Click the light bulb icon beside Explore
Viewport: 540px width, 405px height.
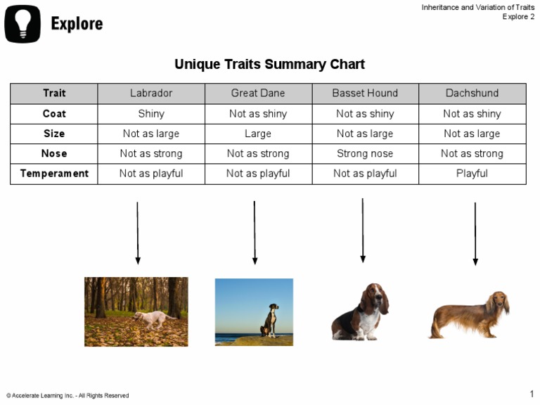pos(22,23)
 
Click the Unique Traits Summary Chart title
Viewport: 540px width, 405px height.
pos(269,65)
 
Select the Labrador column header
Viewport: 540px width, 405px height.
pos(151,94)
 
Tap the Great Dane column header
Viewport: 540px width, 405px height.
pos(258,94)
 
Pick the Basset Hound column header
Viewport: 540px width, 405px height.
pos(365,94)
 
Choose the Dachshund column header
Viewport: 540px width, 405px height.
pos(472,94)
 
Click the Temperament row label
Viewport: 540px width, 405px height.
pos(54,174)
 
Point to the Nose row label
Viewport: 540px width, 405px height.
pos(54,153)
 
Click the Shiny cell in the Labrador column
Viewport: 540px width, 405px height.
pos(151,114)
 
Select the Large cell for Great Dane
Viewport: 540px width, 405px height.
pos(258,134)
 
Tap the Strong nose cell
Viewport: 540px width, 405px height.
pos(365,153)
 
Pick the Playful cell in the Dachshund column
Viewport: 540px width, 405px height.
pos(472,174)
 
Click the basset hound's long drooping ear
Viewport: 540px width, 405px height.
pos(384,301)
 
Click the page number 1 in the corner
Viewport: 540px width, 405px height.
pos(532,394)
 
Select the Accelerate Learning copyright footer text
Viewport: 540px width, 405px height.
pos(67,396)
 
